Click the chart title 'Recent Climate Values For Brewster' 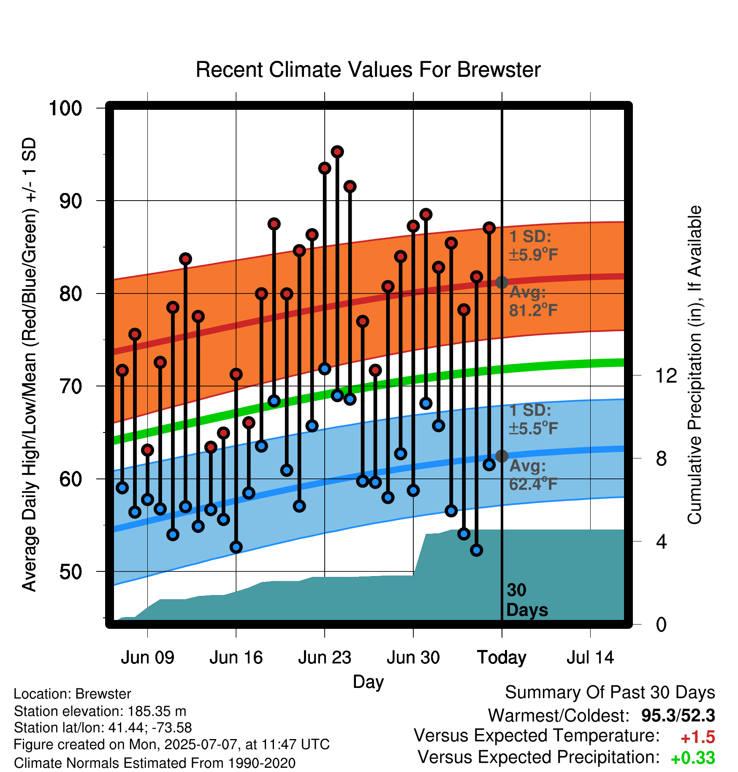(x=368, y=70)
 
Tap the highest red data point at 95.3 (x=337, y=152)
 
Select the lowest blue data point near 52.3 (x=477, y=550)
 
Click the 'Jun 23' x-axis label (x=325, y=658)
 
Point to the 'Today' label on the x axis (x=502, y=658)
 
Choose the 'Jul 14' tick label (x=590, y=658)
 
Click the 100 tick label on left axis (x=65, y=108)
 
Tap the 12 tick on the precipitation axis (x=666, y=375)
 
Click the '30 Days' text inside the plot (x=527, y=600)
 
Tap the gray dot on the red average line (x=502, y=282)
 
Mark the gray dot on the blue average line (x=502, y=456)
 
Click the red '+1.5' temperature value (x=697, y=737)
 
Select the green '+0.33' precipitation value (x=693, y=758)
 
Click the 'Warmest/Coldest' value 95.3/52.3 (x=678, y=715)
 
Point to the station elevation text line (x=100, y=711)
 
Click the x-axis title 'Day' (x=368, y=682)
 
